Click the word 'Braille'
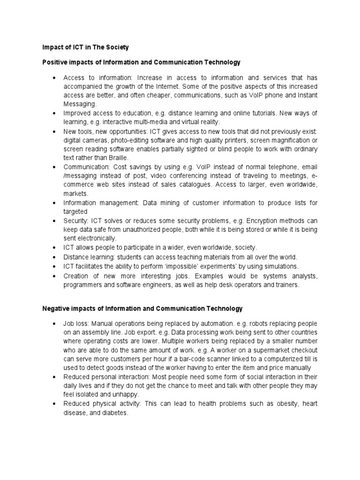click(112, 158)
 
